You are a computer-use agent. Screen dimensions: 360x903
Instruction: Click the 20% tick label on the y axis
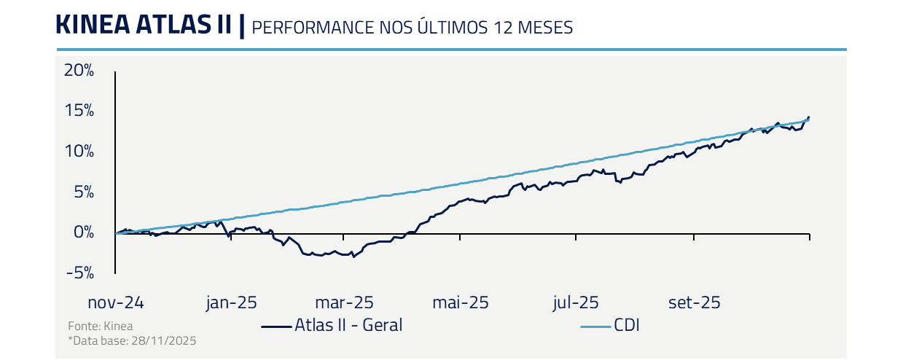pos(79,71)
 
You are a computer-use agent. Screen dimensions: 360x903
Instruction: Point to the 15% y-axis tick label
pos(79,111)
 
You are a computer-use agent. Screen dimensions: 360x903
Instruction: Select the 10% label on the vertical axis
pos(79,152)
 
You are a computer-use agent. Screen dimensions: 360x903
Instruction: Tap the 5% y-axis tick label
pos(83,192)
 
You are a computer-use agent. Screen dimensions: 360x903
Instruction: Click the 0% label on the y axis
pos(83,232)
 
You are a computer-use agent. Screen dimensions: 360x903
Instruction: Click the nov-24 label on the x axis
pos(115,302)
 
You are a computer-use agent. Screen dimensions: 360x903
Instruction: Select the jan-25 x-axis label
pos(231,302)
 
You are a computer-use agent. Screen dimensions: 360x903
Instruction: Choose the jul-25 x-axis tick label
pos(577,302)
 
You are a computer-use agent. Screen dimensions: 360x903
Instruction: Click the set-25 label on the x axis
pos(694,302)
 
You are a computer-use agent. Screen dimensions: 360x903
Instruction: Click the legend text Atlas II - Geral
pos(348,325)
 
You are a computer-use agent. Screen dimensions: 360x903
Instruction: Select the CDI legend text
pos(626,325)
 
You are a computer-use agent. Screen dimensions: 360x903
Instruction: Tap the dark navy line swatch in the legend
pos(277,326)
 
